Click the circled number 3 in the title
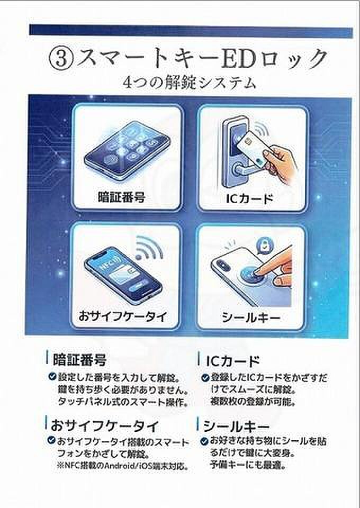(x=61, y=59)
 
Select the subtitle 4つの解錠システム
(x=190, y=83)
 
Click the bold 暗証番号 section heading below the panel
(x=79, y=359)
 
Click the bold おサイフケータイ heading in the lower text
(x=105, y=425)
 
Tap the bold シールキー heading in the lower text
(x=236, y=427)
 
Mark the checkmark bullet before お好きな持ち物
(x=204, y=441)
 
